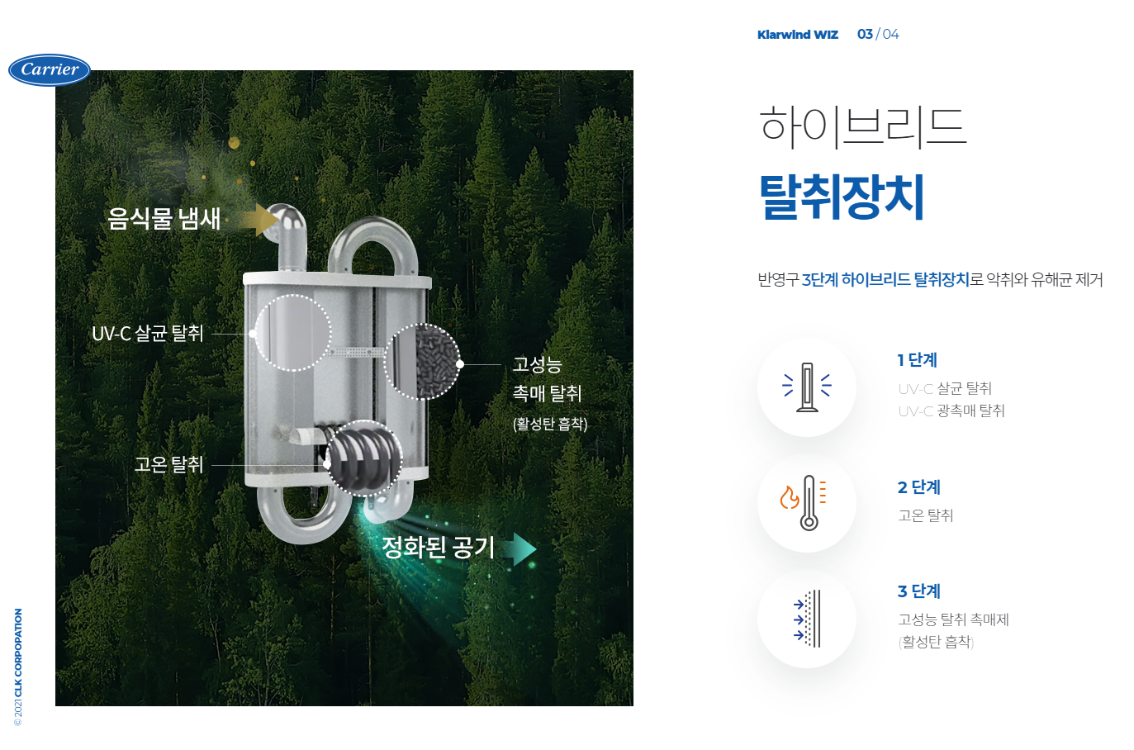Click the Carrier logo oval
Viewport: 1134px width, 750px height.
[50, 70]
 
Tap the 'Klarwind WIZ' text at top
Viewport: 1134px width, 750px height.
[797, 35]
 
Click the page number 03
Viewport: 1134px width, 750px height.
[865, 34]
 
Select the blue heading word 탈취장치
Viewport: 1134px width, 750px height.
[842, 197]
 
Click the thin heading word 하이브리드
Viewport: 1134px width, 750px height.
[862, 126]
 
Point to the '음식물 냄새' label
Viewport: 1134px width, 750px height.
[164, 219]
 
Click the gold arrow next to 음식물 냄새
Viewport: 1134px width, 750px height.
[262, 220]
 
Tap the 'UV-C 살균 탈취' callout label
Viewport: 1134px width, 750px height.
[148, 334]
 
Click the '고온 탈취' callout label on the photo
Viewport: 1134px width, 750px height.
[168, 464]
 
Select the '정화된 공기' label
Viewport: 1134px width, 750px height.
[438, 547]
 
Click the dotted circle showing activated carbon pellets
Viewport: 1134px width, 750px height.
[422, 362]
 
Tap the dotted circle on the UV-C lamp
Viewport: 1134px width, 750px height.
[292, 333]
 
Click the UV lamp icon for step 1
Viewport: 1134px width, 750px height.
[807, 387]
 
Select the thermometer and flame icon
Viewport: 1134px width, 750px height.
[806, 503]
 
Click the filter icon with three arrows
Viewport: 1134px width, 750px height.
[807, 619]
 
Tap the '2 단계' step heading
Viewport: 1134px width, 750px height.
[918, 487]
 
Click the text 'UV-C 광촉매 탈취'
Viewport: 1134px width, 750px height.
[951, 411]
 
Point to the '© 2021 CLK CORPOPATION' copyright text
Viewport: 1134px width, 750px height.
[18, 667]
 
